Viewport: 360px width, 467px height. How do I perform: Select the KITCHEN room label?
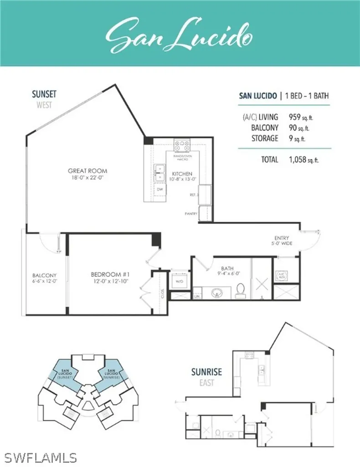182,176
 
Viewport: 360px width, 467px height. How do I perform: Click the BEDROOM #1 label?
110,278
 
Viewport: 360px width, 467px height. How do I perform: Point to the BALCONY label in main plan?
44,278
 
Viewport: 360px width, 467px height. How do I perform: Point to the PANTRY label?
190,213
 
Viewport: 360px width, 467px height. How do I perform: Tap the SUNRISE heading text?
206,372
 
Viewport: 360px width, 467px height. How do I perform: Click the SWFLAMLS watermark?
38,457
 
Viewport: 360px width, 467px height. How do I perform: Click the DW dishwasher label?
160,189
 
